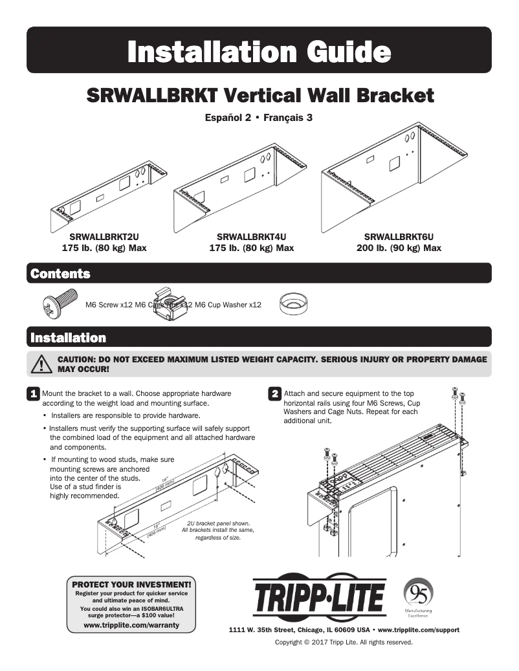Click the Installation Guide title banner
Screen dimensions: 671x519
pyautogui.click(x=259, y=50)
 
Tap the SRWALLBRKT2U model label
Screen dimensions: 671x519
pyautogui.click(x=104, y=237)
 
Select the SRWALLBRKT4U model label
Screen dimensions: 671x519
pyautogui.click(x=251, y=237)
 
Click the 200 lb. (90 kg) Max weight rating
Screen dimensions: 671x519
pyautogui.click(x=399, y=248)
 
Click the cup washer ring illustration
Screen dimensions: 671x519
pyautogui.click(x=293, y=303)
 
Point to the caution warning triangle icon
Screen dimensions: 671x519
pyautogui.click(x=42, y=364)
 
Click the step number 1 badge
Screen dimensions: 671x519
pyautogui.click(x=32, y=394)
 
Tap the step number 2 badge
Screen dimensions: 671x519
pyautogui.click(x=274, y=394)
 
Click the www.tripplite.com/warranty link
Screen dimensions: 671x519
pyautogui.click(x=131, y=625)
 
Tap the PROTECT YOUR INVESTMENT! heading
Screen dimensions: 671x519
pyautogui.click(x=131, y=584)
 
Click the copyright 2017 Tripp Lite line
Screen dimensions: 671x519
pyautogui.click(x=344, y=643)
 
